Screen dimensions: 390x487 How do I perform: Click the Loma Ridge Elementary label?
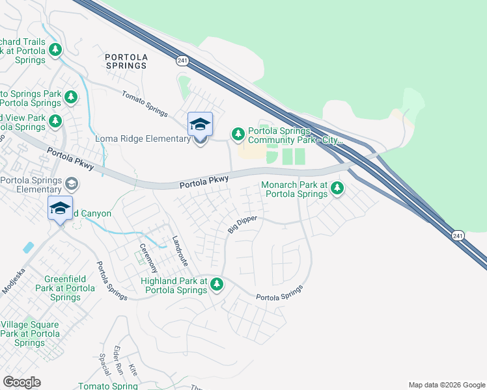[143, 140]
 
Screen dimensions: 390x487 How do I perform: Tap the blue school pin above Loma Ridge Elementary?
[200, 124]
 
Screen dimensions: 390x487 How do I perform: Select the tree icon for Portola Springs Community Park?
[238, 134]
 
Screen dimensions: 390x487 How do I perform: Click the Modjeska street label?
[14, 279]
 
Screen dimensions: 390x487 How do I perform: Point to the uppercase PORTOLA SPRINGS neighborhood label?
[126, 61]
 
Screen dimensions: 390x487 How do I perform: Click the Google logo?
[21, 382]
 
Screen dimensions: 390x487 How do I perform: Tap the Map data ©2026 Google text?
[447, 385]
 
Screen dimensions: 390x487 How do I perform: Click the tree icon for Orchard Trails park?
[55, 49]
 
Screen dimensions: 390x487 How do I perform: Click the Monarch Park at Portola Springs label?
[294, 189]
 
